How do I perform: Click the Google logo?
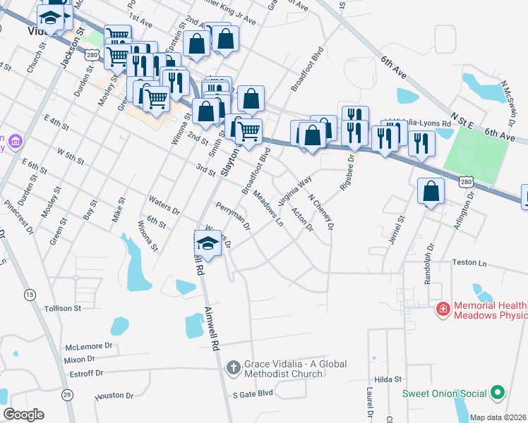coord(23,415)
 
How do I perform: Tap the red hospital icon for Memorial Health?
coord(443,309)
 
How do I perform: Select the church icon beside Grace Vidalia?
coord(234,367)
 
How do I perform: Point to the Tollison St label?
coord(63,308)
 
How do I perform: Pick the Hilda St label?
coord(388,379)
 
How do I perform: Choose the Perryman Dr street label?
coord(234,216)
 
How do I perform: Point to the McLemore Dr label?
coord(89,346)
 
